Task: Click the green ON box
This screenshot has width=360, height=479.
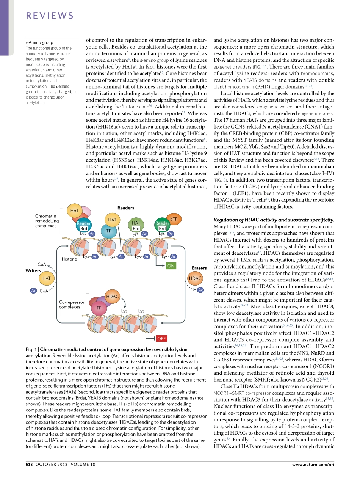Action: pyautogui.click(x=171, y=266)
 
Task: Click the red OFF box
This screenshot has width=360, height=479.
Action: pyautogui.click(x=161, y=338)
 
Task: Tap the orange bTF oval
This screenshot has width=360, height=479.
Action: pyautogui.click(x=174, y=219)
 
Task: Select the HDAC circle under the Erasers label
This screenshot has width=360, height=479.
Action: pyautogui.click(x=196, y=278)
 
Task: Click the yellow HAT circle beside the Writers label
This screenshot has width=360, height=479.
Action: pyautogui.click(x=46, y=278)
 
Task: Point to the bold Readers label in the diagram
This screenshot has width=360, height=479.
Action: pyautogui.click(x=126, y=208)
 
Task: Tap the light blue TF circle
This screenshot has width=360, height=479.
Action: pyautogui.click(x=109, y=231)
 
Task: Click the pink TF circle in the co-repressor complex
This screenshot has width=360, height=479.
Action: pyautogui.click(x=99, y=308)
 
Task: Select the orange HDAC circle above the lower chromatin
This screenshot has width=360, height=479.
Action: pyautogui.click(x=113, y=297)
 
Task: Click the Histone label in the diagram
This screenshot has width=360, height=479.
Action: pyautogui.click(x=69, y=259)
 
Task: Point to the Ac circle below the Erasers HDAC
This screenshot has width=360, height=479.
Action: pyautogui.click(x=200, y=290)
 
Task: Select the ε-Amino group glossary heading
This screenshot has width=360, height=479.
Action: pyautogui.click(x=39, y=42)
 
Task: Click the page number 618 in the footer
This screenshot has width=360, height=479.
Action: pyautogui.click(x=29, y=465)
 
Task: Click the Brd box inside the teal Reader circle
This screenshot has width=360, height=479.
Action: pyautogui.click(x=84, y=229)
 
